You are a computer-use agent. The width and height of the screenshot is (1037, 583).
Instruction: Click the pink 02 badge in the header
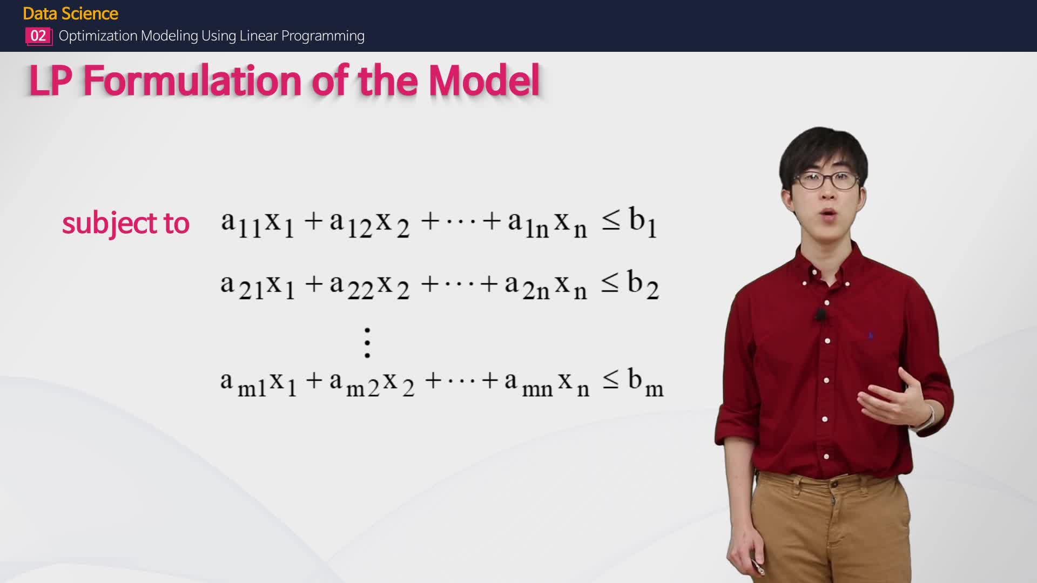[38, 36]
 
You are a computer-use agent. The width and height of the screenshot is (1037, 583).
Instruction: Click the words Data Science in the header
[71, 13]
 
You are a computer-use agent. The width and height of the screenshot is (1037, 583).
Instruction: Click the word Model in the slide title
[484, 81]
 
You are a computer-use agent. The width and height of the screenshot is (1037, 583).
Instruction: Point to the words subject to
[125, 223]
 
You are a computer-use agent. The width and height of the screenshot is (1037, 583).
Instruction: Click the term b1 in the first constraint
[643, 222]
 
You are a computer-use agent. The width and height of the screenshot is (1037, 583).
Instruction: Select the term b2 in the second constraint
[643, 284]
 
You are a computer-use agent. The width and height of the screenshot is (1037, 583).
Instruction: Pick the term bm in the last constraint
[645, 382]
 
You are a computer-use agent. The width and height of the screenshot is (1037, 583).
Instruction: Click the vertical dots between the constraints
[367, 342]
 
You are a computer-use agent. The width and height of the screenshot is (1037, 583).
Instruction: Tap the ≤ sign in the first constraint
[611, 221]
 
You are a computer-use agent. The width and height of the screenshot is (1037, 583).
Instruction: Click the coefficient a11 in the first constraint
[241, 223]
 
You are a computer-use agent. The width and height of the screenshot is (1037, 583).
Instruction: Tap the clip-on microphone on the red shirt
[820, 314]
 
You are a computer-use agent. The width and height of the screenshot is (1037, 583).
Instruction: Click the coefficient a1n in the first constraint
[528, 223]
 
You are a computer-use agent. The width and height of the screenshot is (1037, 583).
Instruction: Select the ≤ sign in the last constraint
[611, 381]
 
